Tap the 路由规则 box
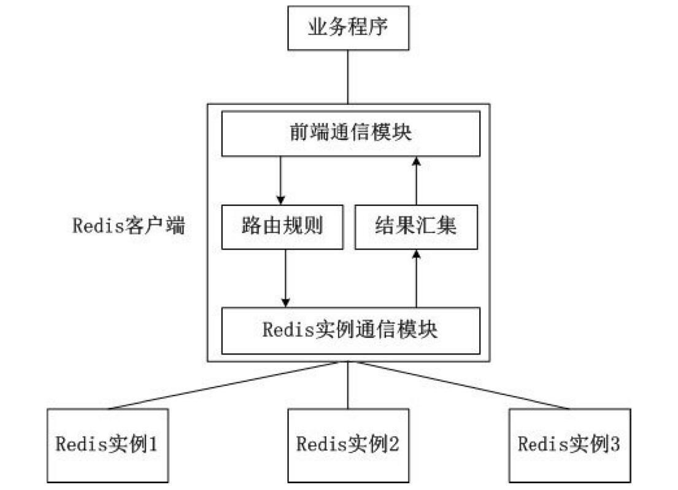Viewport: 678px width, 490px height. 282,228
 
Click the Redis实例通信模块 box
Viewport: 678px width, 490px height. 349,330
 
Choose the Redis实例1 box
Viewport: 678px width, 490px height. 107,443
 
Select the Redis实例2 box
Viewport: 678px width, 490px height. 348,443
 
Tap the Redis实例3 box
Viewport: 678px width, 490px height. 569,443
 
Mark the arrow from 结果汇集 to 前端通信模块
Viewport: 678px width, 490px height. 417,180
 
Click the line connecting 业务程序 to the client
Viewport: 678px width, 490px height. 348,77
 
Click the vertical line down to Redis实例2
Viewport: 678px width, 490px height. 348,385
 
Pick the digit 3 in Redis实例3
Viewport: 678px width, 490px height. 615,443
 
